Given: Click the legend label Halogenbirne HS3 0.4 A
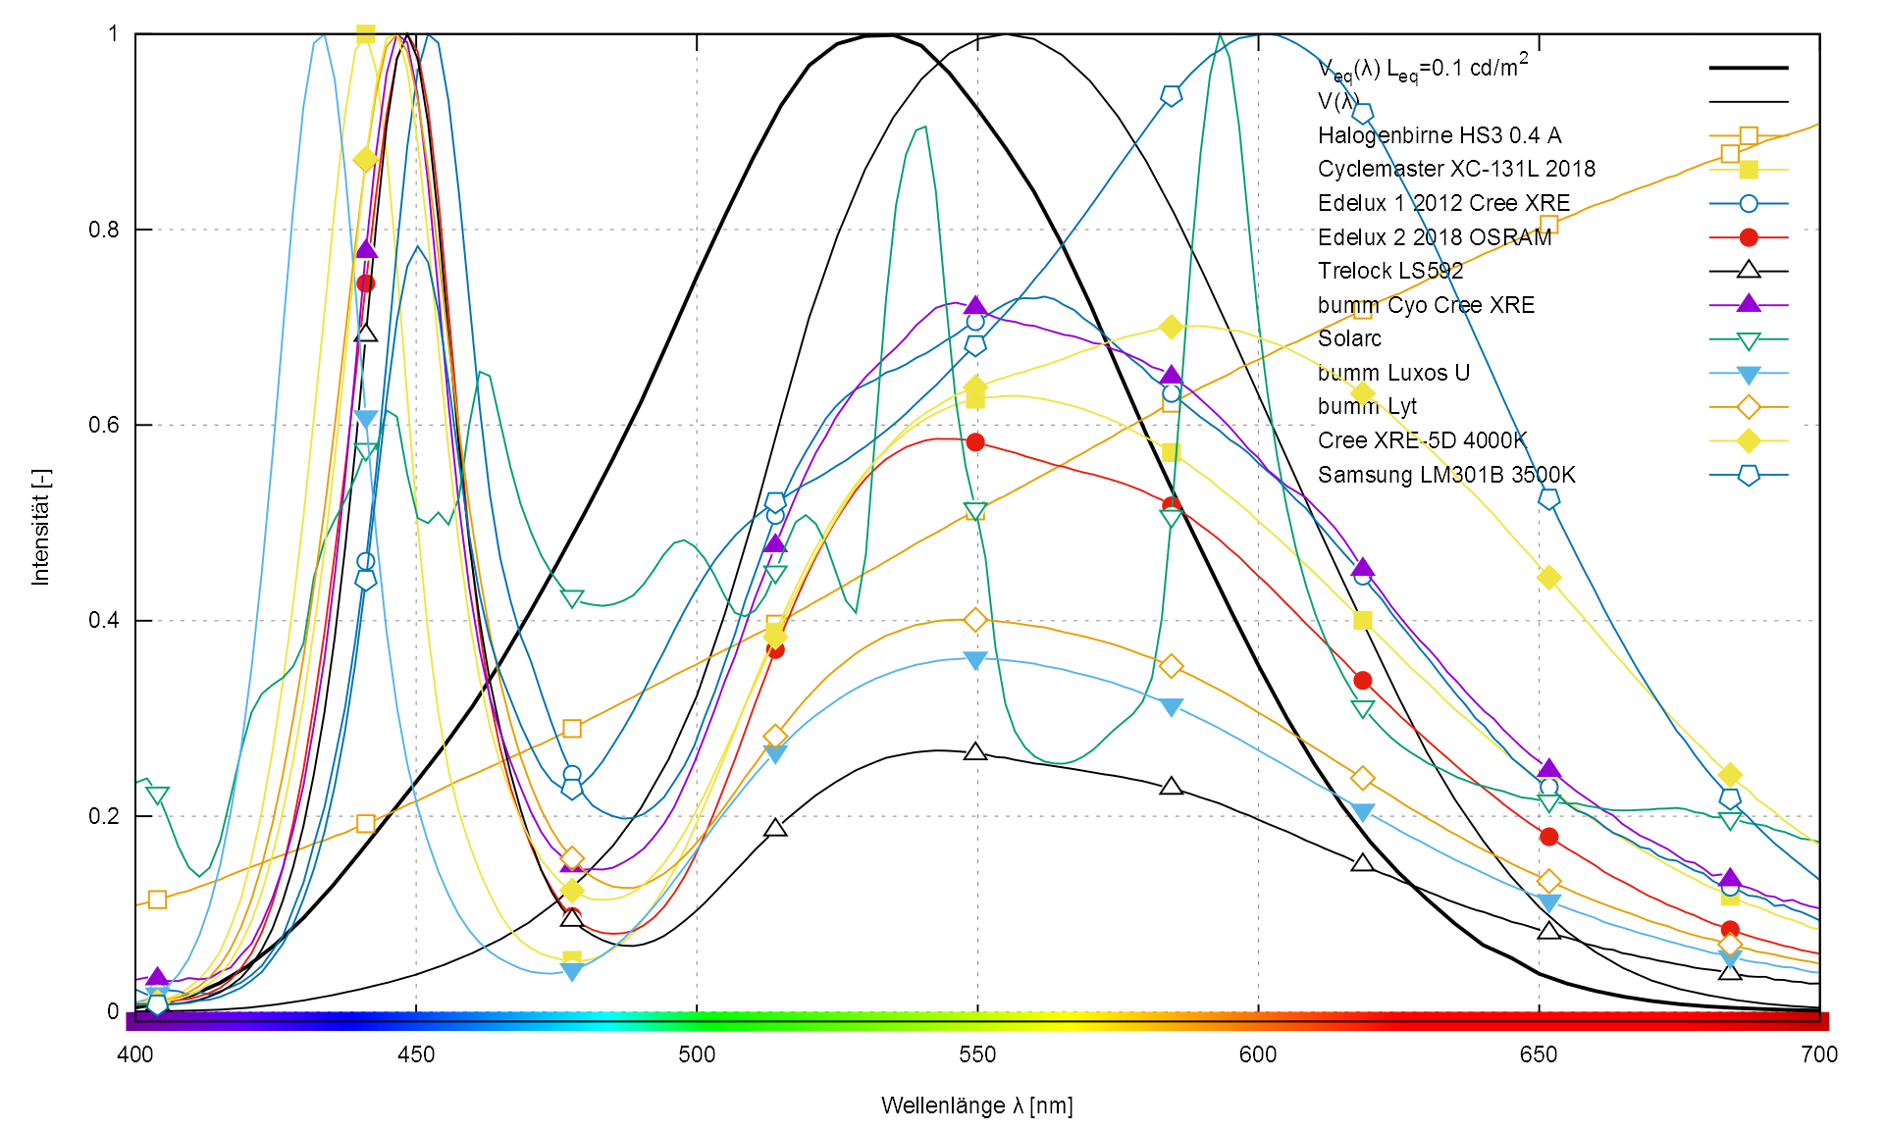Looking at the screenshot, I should pos(1439,135).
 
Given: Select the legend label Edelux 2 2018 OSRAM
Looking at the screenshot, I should pos(1435,237).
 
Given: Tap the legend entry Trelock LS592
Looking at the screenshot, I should pos(1389,271).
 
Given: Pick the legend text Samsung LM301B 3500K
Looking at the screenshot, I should pos(1446,475).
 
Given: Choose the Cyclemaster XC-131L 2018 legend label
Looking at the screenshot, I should pos(1456,169).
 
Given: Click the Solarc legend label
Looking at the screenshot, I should pos(1349,338).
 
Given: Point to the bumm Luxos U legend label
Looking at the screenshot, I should pos(1393,373).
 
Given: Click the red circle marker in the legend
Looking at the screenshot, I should pos(1749,237).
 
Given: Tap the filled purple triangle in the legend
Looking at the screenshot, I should pos(1749,304).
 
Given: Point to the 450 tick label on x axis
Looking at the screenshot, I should pos(416,1054).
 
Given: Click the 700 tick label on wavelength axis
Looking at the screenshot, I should pos(1819,1054).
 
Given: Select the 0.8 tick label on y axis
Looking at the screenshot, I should pos(103,230).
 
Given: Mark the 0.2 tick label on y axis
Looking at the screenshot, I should pos(103,816).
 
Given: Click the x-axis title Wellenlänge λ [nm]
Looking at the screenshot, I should pos(976,1105).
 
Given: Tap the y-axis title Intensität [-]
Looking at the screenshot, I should pos(40,527).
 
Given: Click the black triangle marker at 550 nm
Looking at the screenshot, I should pos(974,752).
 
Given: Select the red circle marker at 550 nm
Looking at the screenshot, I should pos(974,442).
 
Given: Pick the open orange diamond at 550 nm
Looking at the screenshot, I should pos(974,620).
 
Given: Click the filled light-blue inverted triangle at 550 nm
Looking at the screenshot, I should pos(974,660).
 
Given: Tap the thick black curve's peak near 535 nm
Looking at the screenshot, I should pos(888,35).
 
